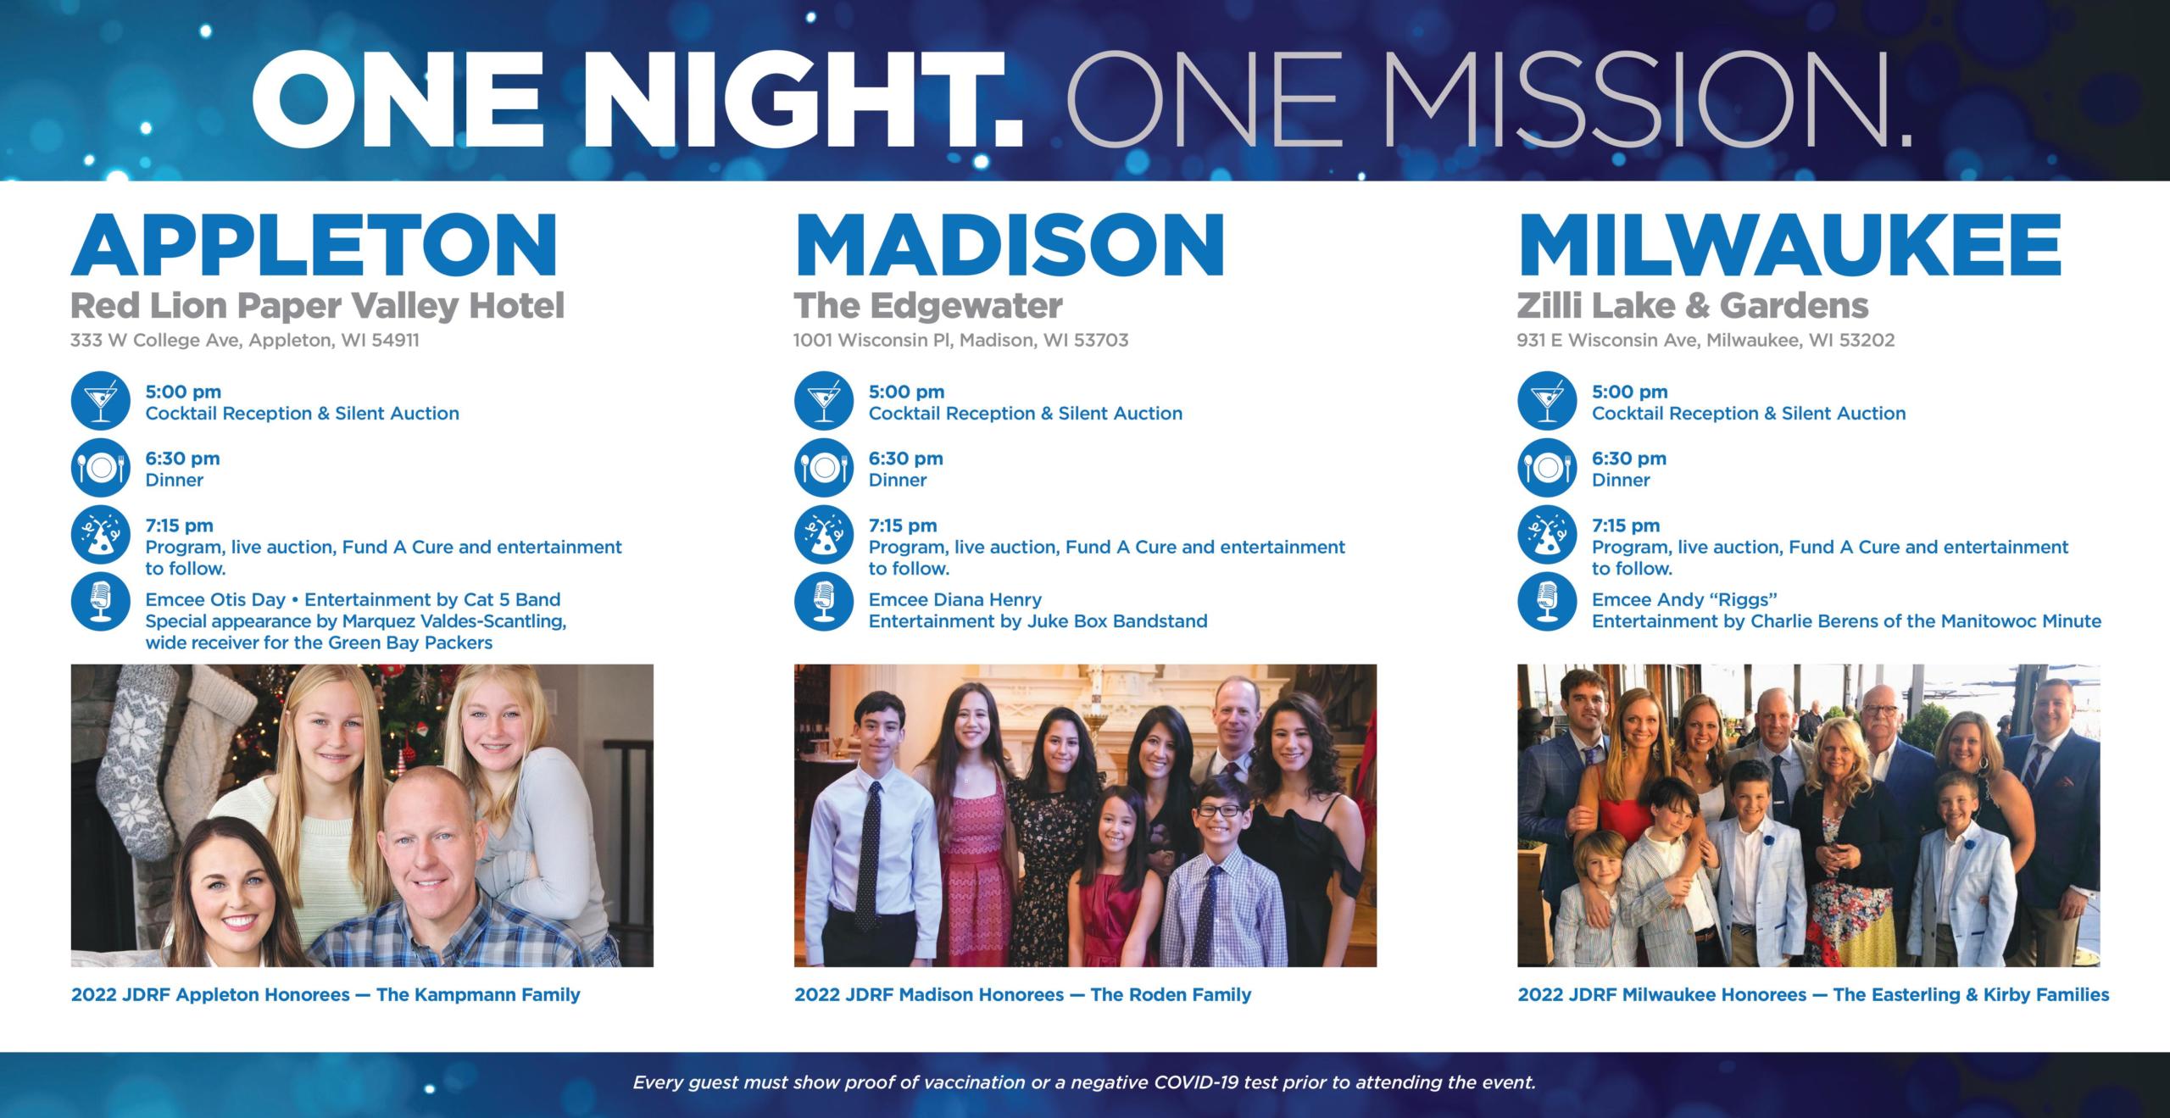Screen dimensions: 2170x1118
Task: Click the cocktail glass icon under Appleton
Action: tap(100, 401)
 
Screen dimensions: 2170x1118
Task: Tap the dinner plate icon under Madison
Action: tap(823, 468)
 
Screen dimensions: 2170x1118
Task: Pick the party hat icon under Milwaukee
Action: tap(1546, 536)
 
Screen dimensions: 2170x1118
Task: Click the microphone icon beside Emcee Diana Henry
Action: tap(823, 602)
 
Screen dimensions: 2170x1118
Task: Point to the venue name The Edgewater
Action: tap(927, 306)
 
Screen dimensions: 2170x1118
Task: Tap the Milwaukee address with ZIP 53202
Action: tap(1705, 341)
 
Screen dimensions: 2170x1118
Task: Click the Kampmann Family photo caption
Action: tap(325, 994)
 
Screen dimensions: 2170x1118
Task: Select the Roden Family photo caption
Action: tap(1022, 994)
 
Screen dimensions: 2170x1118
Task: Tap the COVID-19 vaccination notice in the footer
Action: tap(1084, 1082)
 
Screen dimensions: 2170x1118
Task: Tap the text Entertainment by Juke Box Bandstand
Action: tap(1038, 621)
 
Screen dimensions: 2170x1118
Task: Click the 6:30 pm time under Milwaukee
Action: tap(1628, 459)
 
